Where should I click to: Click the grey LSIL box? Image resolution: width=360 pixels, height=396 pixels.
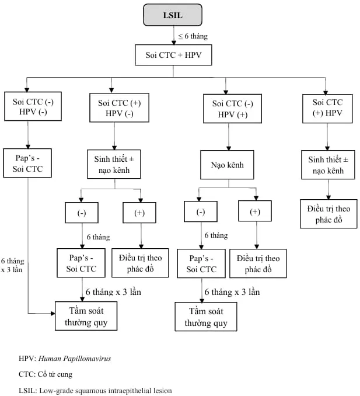(172, 15)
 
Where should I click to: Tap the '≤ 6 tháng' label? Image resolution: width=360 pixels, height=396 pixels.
(193, 36)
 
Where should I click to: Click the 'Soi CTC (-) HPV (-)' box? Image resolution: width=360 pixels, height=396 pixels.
(32, 107)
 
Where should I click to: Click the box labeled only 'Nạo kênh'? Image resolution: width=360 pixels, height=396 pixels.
(228, 165)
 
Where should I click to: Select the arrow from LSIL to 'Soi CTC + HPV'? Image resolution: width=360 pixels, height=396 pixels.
(174, 36)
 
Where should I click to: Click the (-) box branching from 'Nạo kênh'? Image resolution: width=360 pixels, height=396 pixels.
(200, 211)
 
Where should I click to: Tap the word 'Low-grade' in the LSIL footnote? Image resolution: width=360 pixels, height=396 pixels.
(55, 390)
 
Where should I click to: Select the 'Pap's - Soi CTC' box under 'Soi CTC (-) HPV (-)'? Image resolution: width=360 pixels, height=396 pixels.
(28, 162)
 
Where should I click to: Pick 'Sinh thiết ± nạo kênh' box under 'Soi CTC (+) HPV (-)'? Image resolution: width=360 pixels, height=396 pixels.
(114, 164)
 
